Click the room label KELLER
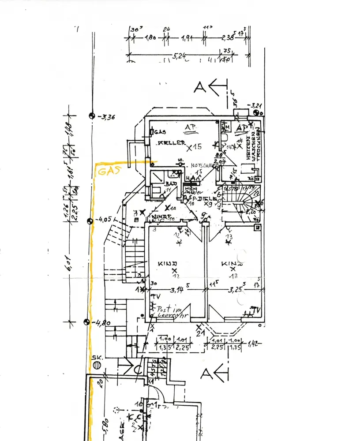(x=169, y=143)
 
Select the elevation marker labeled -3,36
(x=92, y=116)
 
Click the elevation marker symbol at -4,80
(x=86, y=321)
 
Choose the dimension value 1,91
(x=187, y=39)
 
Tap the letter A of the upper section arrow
(x=201, y=87)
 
